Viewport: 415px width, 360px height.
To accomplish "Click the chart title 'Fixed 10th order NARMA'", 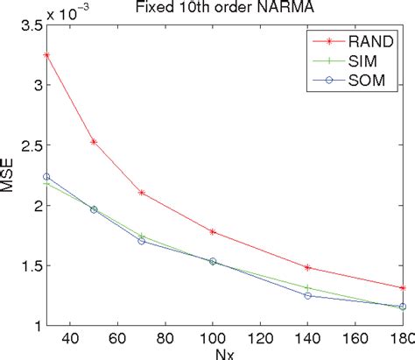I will coord(222,8).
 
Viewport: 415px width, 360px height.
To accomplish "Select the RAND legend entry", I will coord(360,39).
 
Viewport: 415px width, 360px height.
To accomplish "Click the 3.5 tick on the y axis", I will coord(31,25).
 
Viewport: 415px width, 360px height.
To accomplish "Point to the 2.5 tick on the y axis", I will coord(31,145).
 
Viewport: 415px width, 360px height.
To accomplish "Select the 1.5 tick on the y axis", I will coord(31,265).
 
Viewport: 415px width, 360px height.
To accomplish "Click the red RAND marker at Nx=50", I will coord(94,142).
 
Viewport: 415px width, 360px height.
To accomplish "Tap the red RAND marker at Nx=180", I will coord(403,287).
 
